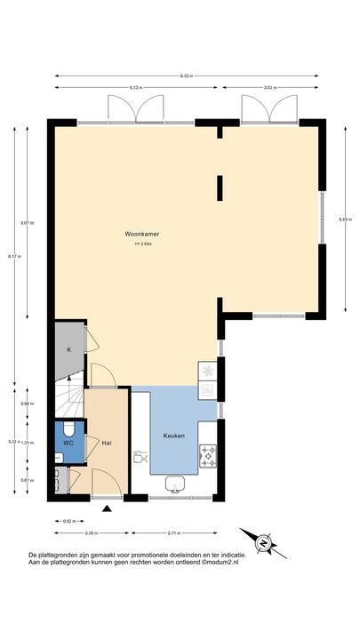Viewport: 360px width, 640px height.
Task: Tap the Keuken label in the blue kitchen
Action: [172, 436]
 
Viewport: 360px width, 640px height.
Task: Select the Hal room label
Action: [107, 442]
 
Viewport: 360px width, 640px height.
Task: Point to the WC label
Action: [68, 442]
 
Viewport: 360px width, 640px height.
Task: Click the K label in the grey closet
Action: [68, 349]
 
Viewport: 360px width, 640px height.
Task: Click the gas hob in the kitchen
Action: [208, 457]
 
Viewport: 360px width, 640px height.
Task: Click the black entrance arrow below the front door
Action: [108, 508]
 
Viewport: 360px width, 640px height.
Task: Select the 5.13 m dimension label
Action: [135, 88]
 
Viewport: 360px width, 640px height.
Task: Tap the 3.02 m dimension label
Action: [270, 88]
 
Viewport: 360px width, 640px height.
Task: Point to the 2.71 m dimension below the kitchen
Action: [174, 532]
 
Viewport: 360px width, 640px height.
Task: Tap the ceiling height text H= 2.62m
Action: [142, 244]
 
